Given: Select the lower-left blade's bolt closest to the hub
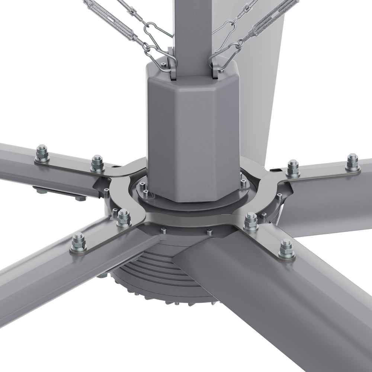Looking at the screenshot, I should (x=124, y=217).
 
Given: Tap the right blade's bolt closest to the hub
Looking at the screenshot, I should (x=293, y=168).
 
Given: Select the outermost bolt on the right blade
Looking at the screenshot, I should (x=352, y=162).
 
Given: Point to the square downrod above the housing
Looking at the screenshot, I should (x=190, y=33).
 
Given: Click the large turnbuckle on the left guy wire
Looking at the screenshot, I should (x=108, y=17).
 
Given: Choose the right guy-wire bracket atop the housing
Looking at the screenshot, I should (x=216, y=63).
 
